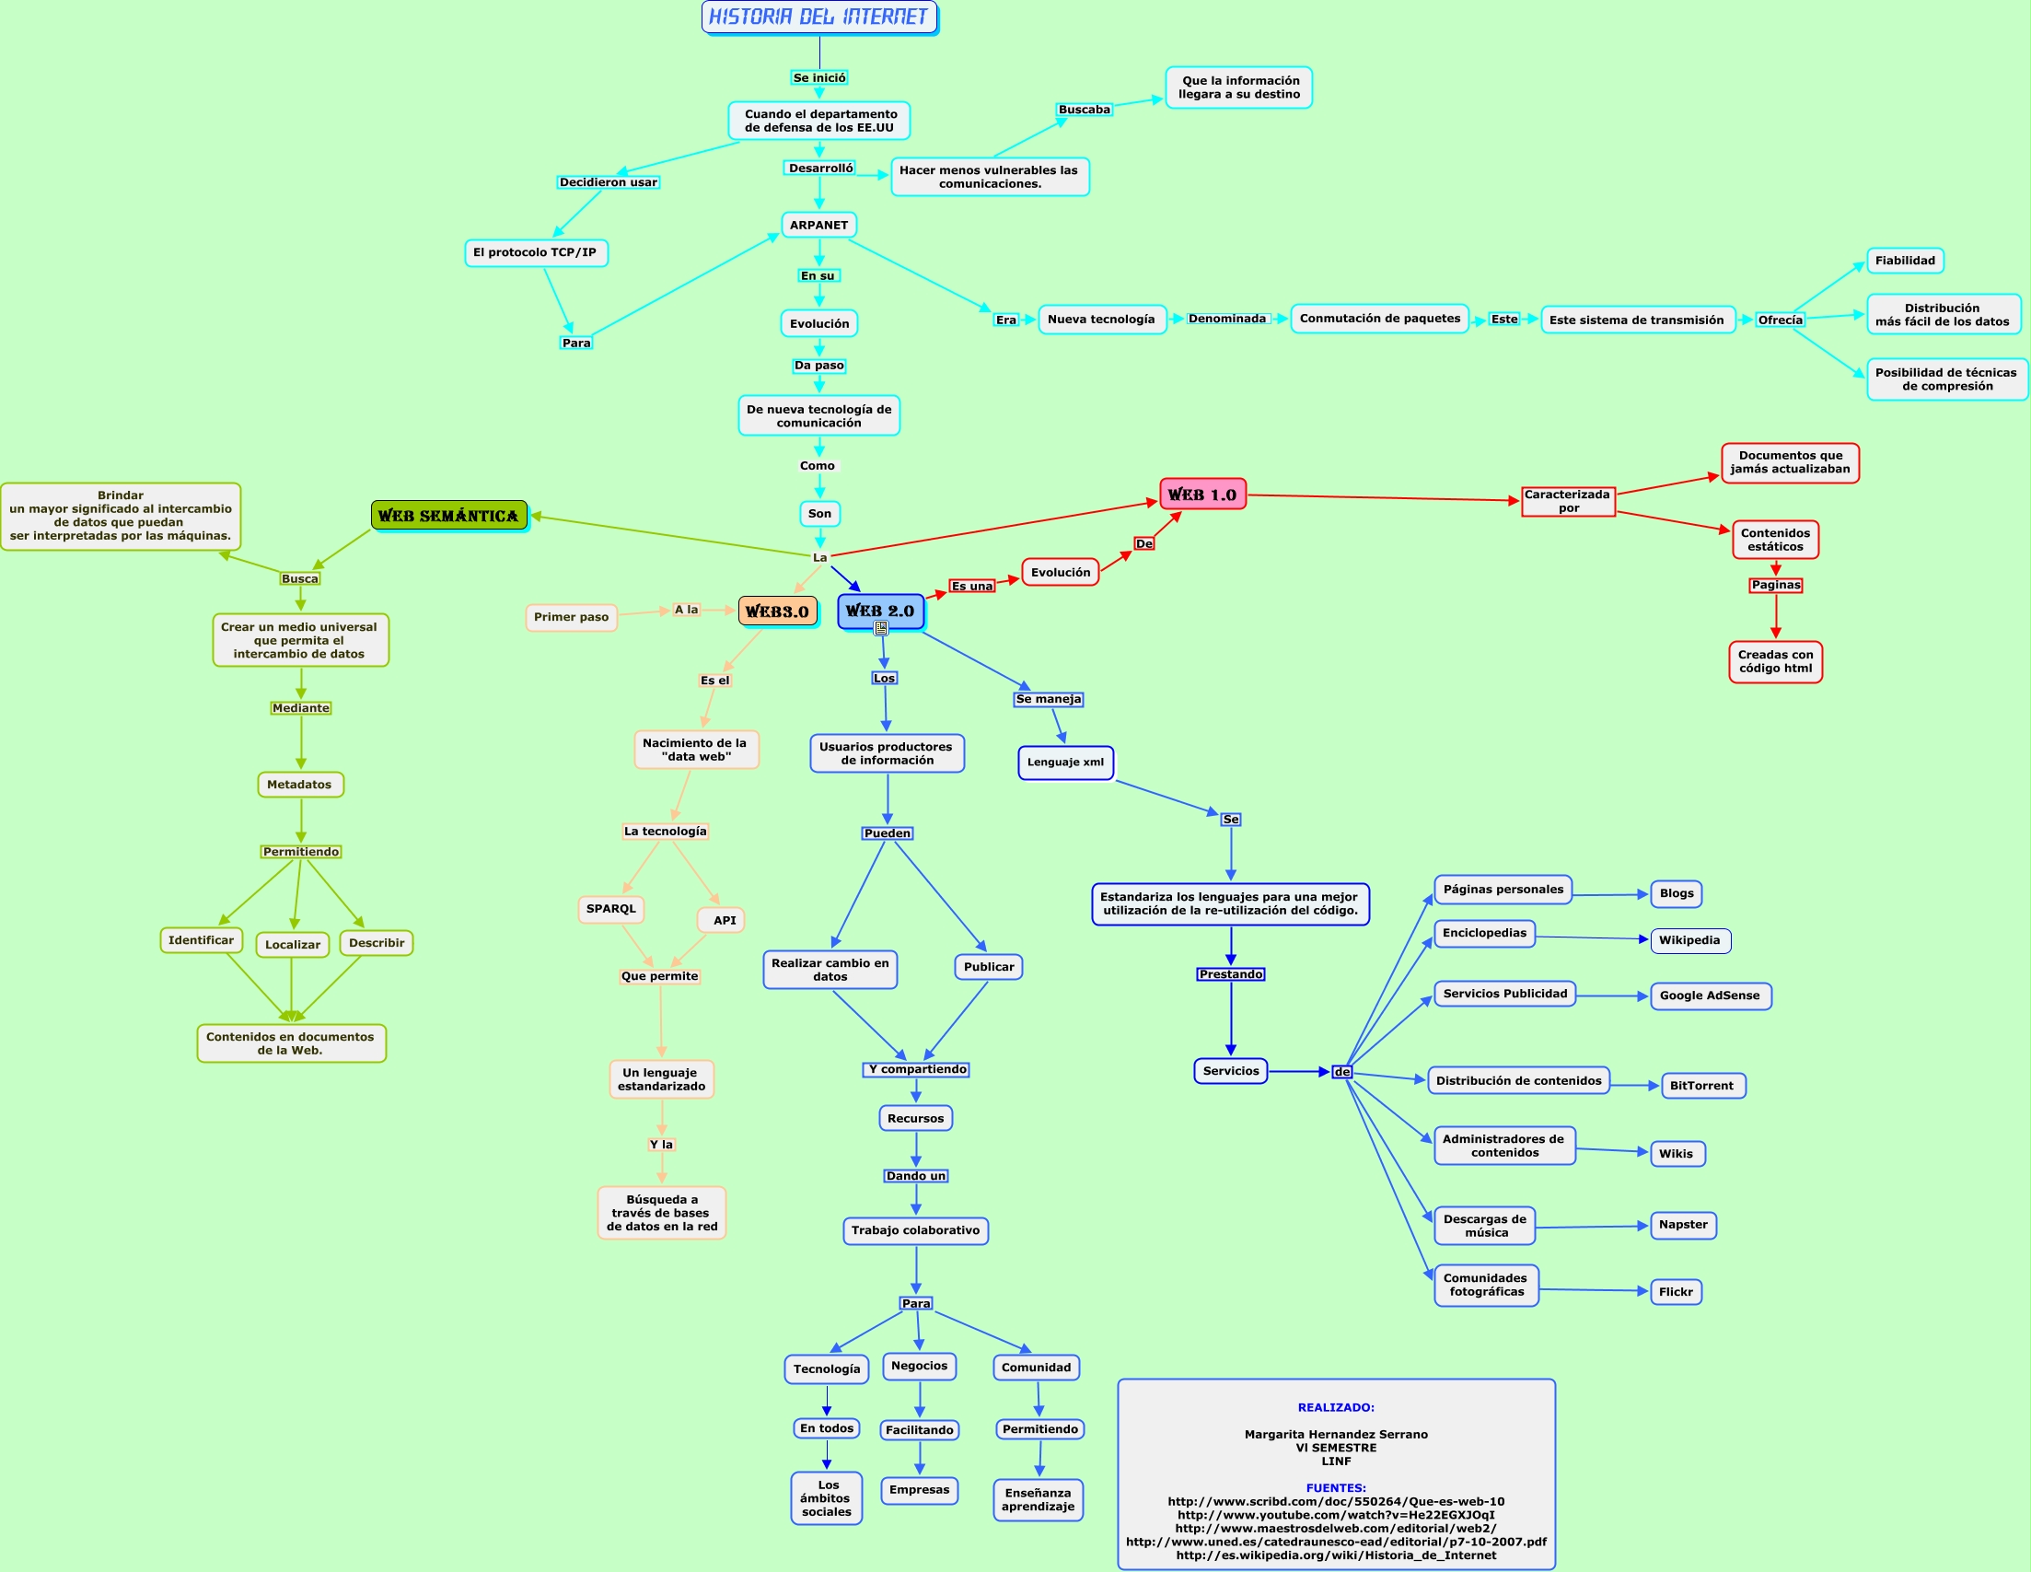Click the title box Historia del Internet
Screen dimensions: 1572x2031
(x=818, y=17)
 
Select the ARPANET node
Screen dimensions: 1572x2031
(x=818, y=225)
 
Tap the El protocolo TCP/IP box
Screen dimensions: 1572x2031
(x=536, y=252)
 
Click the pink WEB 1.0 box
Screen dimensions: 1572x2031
(x=1202, y=495)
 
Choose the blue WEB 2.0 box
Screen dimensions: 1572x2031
(x=880, y=611)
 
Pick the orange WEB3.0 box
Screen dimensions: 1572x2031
(x=777, y=611)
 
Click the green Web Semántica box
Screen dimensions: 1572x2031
(x=448, y=516)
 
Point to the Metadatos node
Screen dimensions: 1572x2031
(x=299, y=784)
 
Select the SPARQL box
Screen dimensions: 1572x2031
(x=611, y=909)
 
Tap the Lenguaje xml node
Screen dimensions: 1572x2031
(x=1066, y=762)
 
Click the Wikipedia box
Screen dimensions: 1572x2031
(x=1689, y=940)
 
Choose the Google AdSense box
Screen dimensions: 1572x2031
(x=1711, y=996)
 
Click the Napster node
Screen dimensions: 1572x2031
(x=1683, y=1224)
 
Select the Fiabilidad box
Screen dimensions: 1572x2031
(x=1905, y=261)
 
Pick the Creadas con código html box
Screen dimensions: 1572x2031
(x=1775, y=661)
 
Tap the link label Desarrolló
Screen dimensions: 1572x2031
(x=820, y=169)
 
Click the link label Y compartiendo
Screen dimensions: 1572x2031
(x=917, y=1070)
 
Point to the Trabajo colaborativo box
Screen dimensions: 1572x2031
(x=916, y=1230)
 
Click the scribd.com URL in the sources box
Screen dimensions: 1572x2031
(x=1335, y=1501)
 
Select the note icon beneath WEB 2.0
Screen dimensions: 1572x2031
(x=881, y=629)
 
